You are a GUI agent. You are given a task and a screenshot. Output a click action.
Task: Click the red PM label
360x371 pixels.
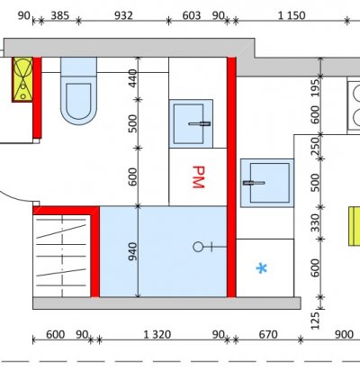(x=198, y=176)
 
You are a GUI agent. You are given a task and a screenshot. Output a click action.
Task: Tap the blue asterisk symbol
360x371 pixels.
(x=262, y=268)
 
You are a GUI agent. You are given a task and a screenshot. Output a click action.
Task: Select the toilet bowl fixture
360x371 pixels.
(x=78, y=91)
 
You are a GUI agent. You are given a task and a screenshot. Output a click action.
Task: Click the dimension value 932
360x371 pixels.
(x=123, y=15)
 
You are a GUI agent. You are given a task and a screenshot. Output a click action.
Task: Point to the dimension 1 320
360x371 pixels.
(x=157, y=334)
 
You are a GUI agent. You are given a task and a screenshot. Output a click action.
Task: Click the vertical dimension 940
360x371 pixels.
(x=132, y=251)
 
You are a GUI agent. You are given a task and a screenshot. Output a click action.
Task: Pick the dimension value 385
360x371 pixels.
(x=60, y=15)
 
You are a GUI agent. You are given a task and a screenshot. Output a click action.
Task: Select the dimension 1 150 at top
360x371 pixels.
(x=292, y=15)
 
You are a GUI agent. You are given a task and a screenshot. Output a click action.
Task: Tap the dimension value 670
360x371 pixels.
(x=268, y=334)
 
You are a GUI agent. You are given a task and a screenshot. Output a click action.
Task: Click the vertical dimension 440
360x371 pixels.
(x=132, y=78)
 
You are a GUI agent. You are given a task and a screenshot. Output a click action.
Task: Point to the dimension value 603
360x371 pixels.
(x=192, y=15)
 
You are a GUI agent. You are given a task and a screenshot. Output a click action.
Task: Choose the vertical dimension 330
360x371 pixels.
(x=315, y=223)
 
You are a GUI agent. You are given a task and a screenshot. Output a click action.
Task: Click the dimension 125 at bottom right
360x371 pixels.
(x=315, y=321)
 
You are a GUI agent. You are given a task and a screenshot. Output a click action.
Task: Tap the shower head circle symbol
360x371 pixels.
(x=198, y=247)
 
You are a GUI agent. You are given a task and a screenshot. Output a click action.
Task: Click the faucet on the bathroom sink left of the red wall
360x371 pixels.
(x=199, y=123)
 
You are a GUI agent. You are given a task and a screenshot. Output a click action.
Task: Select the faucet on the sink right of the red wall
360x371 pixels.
(x=254, y=183)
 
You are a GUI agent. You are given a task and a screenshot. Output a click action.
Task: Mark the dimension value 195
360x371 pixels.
(x=315, y=88)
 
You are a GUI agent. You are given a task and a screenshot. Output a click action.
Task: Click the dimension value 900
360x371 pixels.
(x=344, y=334)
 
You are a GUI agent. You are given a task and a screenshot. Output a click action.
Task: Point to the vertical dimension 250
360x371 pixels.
(x=315, y=146)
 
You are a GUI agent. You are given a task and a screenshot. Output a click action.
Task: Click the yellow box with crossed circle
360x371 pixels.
(x=22, y=79)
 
